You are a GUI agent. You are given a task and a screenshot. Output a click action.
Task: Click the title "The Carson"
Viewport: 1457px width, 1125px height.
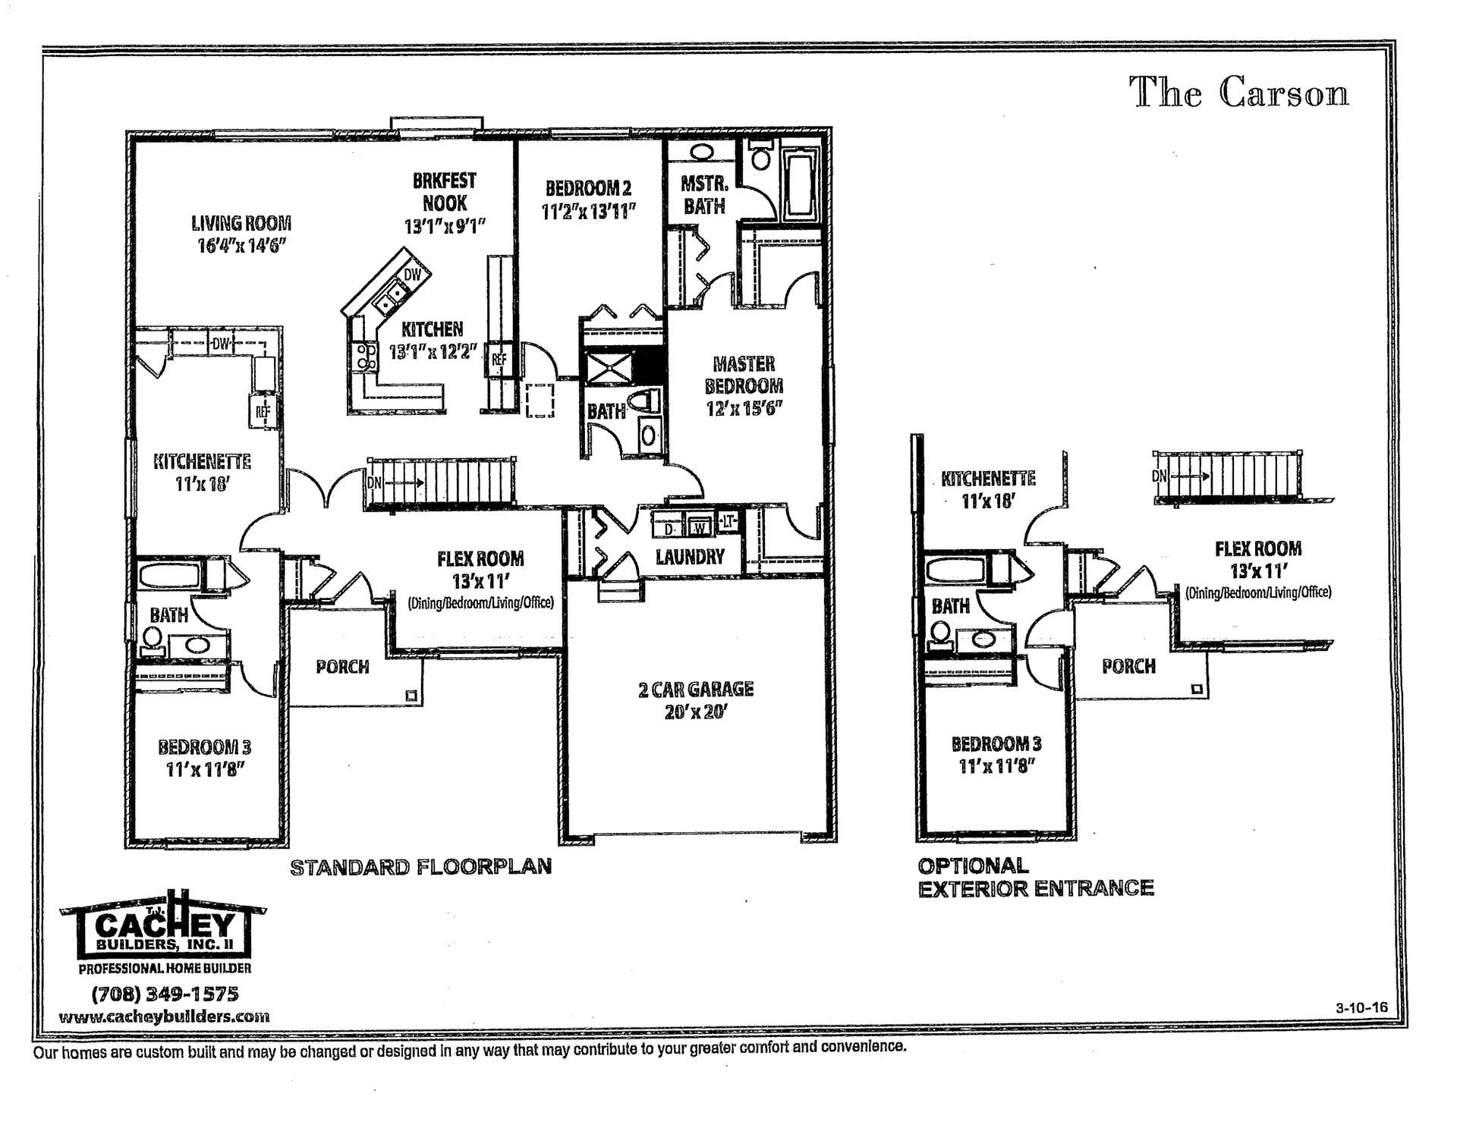[x=1240, y=93]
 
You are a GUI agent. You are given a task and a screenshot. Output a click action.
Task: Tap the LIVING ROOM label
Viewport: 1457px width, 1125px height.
[x=241, y=223]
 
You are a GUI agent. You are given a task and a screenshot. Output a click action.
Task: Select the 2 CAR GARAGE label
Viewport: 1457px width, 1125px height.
[x=695, y=689]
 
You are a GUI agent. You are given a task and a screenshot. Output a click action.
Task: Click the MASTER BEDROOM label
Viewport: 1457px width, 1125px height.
[x=743, y=375]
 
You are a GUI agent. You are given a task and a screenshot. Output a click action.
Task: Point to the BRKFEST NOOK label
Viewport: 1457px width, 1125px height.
[x=445, y=192]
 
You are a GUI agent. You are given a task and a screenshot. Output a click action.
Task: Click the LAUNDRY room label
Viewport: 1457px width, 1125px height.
[x=690, y=557]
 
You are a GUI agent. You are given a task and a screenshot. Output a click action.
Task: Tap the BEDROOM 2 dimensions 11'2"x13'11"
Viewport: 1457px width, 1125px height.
[x=589, y=212]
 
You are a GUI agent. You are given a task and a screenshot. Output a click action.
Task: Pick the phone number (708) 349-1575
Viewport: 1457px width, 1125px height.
[x=165, y=994]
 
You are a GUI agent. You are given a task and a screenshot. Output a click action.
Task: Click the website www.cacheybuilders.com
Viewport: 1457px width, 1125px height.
[x=164, y=1017]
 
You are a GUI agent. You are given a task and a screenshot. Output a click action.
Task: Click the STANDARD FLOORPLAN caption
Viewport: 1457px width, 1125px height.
[x=421, y=866]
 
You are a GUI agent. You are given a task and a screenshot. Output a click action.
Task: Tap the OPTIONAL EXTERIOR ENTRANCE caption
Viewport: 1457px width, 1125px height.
[x=1036, y=877]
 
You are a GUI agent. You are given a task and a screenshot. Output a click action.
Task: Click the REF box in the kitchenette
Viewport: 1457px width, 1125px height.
[x=263, y=412]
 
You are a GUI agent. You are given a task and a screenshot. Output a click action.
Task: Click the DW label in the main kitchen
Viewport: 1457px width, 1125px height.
[x=412, y=275]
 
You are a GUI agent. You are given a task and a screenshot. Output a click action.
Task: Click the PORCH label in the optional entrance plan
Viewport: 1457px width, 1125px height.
[x=1128, y=666]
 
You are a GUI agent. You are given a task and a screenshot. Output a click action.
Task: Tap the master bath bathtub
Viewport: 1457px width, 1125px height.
[x=799, y=184]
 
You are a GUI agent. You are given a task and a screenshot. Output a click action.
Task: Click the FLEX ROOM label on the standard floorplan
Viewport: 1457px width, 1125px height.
[x=480, y=559]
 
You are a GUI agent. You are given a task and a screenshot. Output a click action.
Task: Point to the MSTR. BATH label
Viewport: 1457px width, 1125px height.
[x=704, y=195]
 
